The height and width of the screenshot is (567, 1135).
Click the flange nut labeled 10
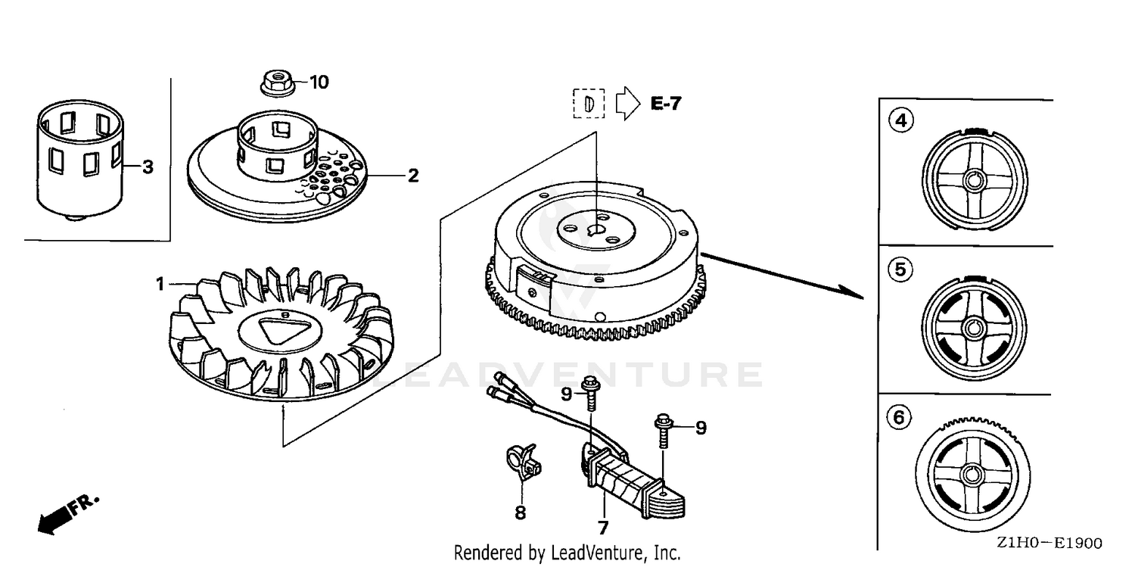(278, 83)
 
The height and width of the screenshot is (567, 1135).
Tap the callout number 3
(148, 167)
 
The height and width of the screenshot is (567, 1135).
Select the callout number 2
(413, 176)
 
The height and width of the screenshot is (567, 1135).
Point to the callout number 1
(160, 284)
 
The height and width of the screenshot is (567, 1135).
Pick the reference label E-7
(666, 104)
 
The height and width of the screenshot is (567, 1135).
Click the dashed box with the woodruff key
(589, 104)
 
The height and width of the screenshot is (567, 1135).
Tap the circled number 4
(901, 120)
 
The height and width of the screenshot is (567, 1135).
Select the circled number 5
(900, 269)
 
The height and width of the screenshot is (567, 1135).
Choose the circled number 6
(899, 418)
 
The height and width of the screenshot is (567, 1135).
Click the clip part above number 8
(524, 462)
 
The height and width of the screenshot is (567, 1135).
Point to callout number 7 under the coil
(602, 528)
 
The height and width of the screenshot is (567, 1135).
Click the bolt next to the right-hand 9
(664, 431)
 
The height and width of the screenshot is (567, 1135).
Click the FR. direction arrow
(68, 513)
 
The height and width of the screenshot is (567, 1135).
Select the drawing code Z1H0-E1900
(1049, 544)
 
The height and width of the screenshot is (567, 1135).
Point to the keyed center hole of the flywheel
(596, 231)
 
